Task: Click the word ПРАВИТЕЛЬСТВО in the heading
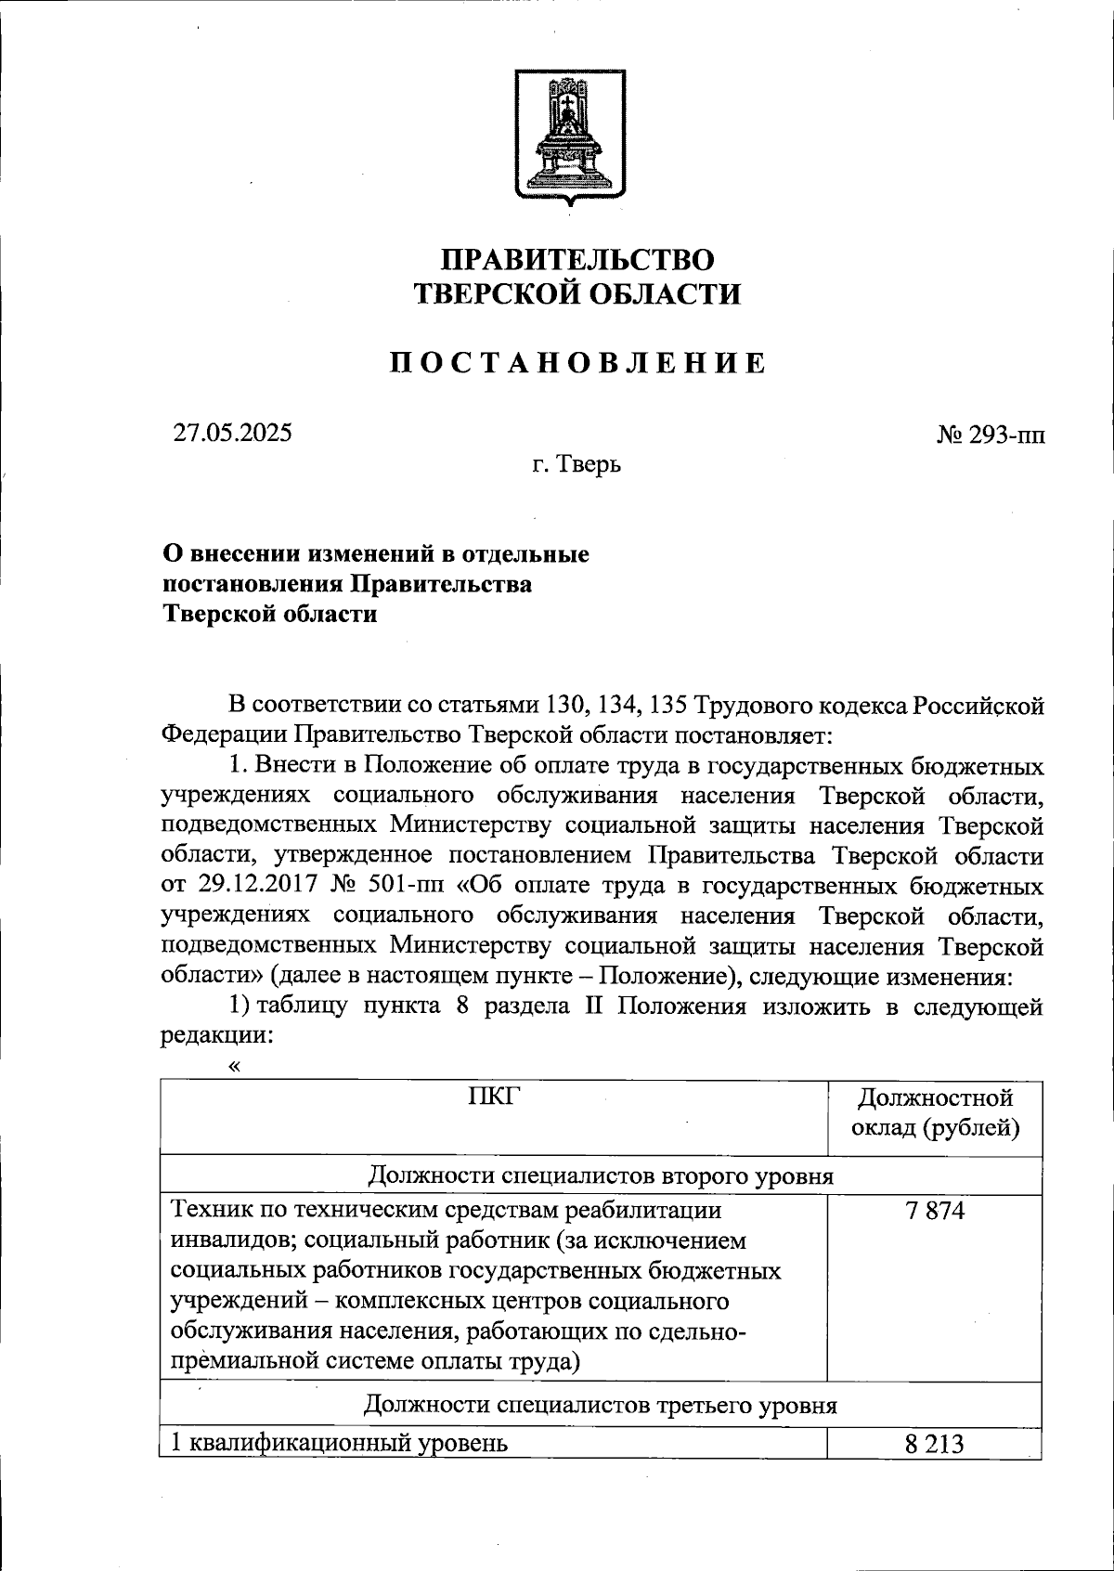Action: click(x=576, y=259)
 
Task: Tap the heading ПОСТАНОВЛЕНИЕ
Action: click(x=576, y=363)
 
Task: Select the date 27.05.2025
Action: click(x=233, y=433)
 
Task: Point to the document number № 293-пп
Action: click(x=991, y=434)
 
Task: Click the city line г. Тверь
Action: click(x=576, y=463)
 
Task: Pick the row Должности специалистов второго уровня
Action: click(x=601, y=1176)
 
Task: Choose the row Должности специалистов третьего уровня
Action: click(x=601, y=1405)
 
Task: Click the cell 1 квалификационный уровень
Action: click(x=340, y=1444)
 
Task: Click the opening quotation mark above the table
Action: click(x=233, y=1066)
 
